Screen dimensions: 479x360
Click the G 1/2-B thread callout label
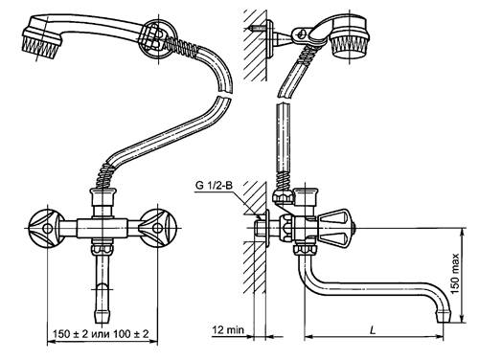[x=214, y=185]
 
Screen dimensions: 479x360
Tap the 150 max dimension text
[x=455, y=274]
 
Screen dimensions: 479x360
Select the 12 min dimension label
[x=228, y=329]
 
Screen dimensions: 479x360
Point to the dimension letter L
[x=373, y=330]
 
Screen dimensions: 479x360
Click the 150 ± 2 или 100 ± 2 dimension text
[x=101, y=334]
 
